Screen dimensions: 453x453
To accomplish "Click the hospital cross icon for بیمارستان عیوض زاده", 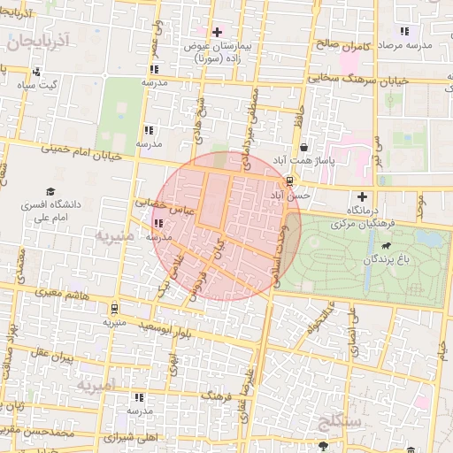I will pos(217,32).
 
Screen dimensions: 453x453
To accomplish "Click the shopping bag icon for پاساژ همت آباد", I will pos(304,147).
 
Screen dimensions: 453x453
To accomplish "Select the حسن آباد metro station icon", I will pos(289,180).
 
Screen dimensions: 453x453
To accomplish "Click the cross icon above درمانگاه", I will pos(361,196).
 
